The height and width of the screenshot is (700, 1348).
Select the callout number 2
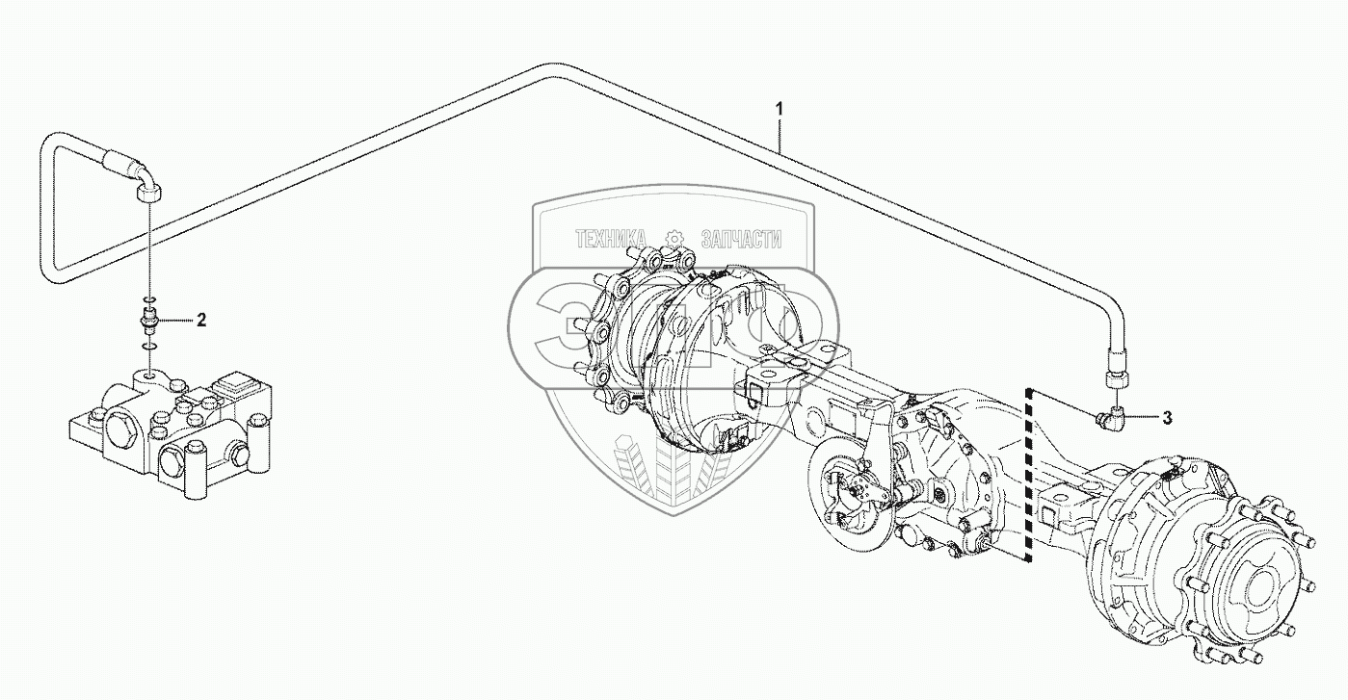[x=201, y=321]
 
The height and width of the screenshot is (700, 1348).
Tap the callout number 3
[x=1166, y=418]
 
